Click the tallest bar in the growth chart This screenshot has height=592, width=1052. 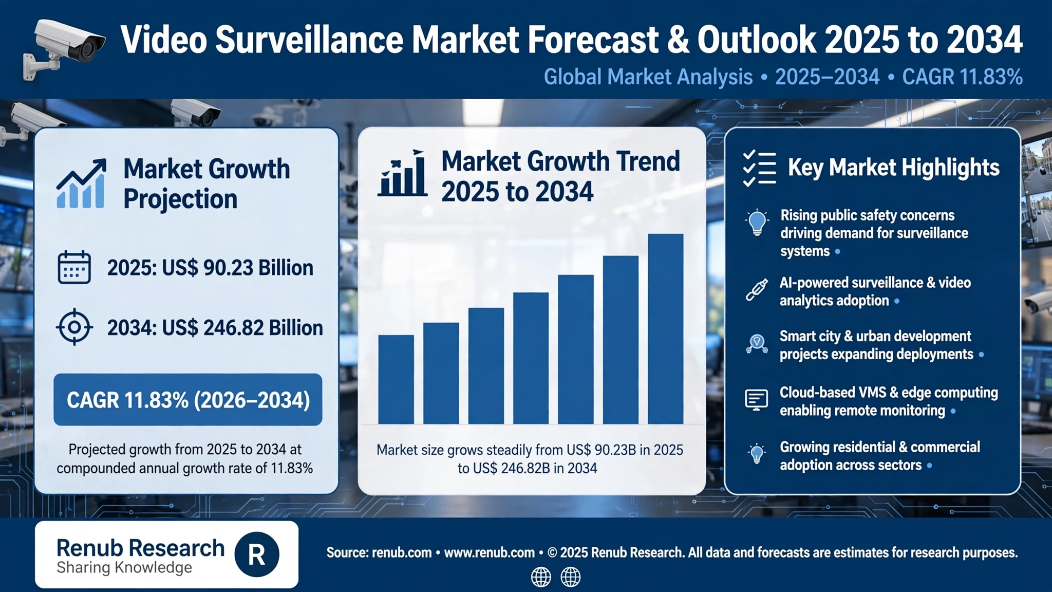click(x=666, y=329)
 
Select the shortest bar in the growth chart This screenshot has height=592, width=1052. click(x=396, y=379)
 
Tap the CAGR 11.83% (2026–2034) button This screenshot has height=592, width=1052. click(x=188, y=400)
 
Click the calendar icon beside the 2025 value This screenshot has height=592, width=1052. click(x=74, y=267)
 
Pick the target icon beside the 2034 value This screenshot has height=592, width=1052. click(x=74, y=327)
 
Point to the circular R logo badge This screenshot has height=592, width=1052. click(x=257, y=554)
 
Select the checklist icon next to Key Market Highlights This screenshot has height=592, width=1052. click(x=759, y=168)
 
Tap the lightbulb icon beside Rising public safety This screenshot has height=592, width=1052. click(x=757, y=223)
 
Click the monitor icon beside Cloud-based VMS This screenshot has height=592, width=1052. click(x=757, y=399)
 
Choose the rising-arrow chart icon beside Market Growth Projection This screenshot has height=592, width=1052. click(x=81, y=183)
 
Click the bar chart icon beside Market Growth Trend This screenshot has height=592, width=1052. click(x=402, y=173)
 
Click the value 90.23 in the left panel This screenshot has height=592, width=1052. click(x=228, y=268)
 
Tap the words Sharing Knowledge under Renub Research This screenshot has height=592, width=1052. click(x=124, y=567)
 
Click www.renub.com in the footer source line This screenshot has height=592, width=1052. click(x=489, y=552)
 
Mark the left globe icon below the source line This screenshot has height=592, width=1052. click(x=541, y=577)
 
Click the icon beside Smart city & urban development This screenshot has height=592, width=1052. click(x=757, y=343)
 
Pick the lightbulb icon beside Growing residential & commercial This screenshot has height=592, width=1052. click(x=757, y=454)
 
